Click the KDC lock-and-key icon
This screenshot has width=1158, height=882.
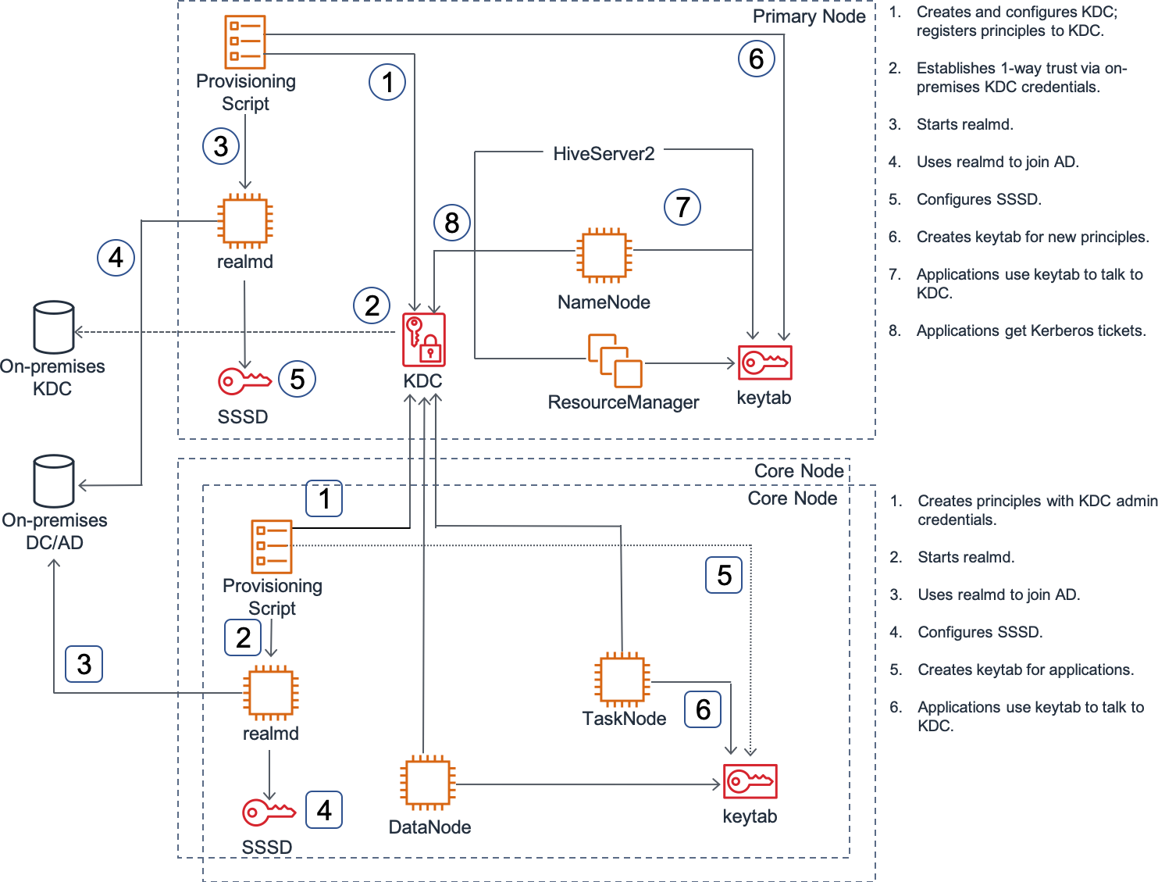pos(424,340)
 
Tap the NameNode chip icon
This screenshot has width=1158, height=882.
pos(604,255)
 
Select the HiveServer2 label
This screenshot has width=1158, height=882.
pos(604,154)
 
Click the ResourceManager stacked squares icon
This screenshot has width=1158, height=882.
pos(615,360)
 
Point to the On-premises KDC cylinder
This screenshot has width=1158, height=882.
pos(53,327)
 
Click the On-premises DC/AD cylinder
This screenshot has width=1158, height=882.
pos(53,481)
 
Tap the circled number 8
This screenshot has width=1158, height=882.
pos(452,223)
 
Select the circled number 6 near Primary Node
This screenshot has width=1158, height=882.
pos(757,59)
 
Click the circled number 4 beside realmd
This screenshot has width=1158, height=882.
pos(116,258)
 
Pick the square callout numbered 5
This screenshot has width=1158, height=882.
pos(724,575)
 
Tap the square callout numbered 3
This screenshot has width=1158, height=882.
pos(84,664)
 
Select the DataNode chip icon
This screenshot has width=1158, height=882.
pos(427,783)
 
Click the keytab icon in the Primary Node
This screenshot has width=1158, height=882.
pos(765,362)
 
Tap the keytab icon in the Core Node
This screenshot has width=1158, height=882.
pos(750,781)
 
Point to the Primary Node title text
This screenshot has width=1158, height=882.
pos(809,17)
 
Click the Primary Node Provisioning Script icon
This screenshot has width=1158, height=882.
pos(244,42)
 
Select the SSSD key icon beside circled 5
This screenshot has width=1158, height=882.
pos(244,381)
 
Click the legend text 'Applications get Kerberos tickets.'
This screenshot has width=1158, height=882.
pos(1031,331)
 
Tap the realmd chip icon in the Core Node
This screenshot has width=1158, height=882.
pos(271,693)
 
